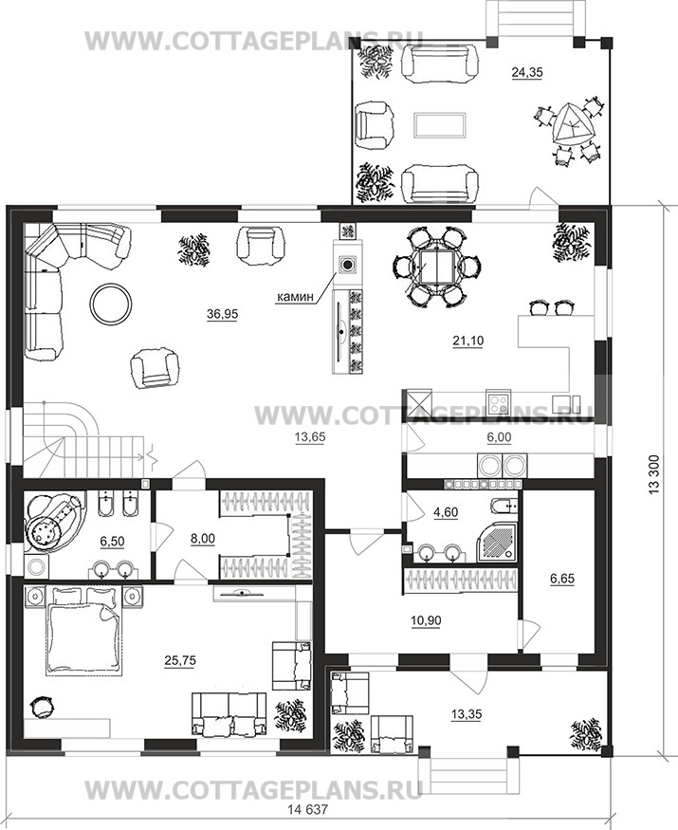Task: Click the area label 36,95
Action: [x=222, y=314]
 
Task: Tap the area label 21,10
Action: [x=467, y=341]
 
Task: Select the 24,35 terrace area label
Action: [x=527, y=72]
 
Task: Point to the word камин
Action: [x=296, y=297]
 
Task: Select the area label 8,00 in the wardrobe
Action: [x=202, y=539]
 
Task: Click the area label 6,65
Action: [x=561, y=579]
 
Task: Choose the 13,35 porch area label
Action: [x=467, y=714]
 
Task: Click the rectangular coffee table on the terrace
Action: [x=440, y=124]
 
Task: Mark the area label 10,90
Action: [x=426, y=620]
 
